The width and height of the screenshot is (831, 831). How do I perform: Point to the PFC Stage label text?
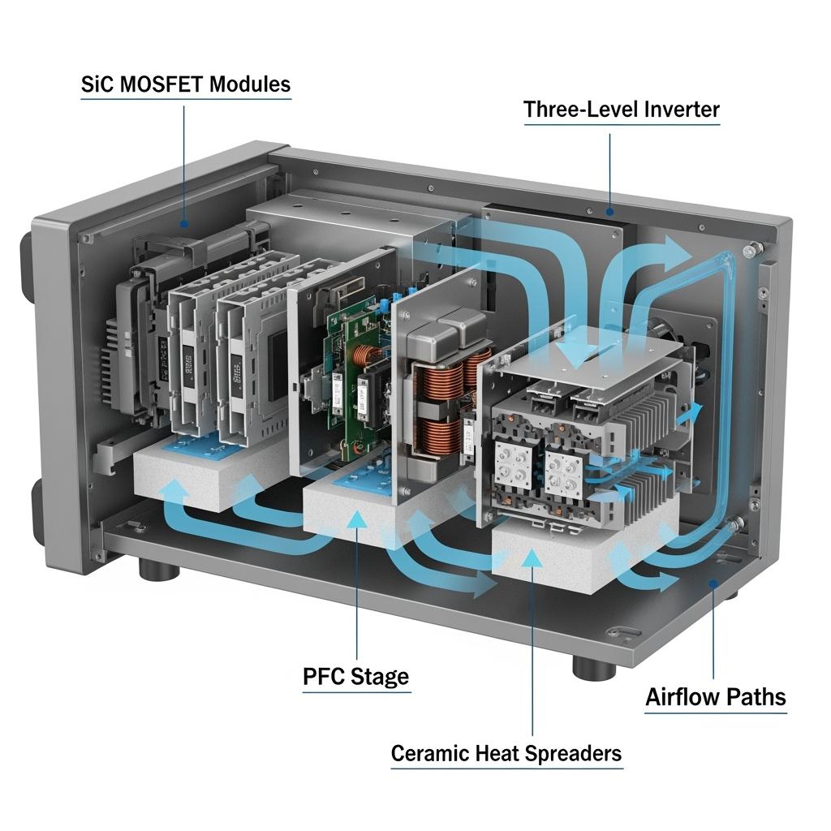pos(355,676)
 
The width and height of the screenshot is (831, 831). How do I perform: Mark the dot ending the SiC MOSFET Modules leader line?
pos(185,224)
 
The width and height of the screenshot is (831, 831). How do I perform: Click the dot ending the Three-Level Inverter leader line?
pos(610,212)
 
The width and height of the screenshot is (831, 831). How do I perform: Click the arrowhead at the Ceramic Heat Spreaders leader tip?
pos(532,558)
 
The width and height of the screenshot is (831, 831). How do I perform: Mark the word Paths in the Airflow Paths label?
pos(756,696)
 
